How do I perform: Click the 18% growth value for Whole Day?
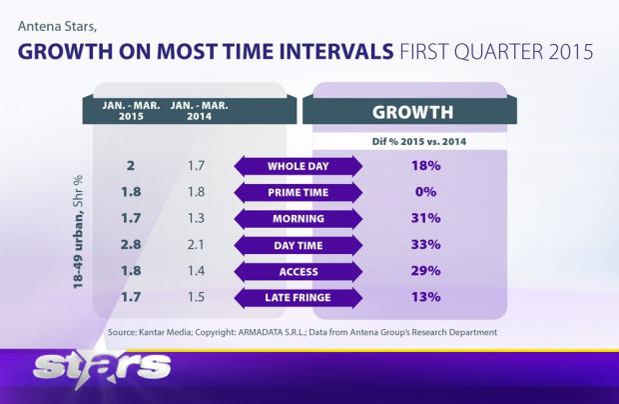[x=427, y=166]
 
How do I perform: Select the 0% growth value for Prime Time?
[x=427, y=192]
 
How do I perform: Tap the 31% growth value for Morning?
[x=427, y=218]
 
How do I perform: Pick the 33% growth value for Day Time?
[x=427, y=245]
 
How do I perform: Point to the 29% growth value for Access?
[x=427, y=271]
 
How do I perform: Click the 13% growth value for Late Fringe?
[x=427, y=297]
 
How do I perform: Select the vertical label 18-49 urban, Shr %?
[x=77, y=233]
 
